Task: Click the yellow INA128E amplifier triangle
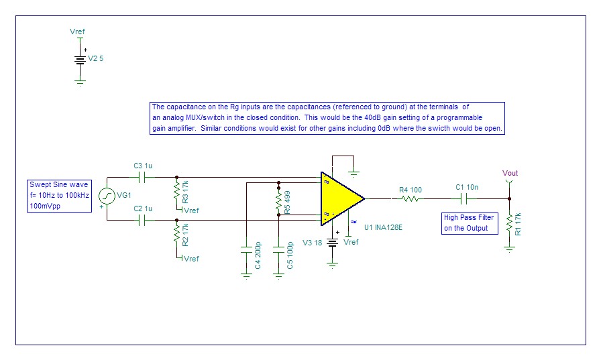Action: tap(339, 198)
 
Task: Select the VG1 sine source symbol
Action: tap(107, 196)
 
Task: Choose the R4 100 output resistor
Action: tap(411, 199)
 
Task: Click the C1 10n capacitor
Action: tap(462, 199)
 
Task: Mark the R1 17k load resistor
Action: tap(509, 221)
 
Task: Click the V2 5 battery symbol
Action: tap(80, 59)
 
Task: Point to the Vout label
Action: tap(510, 174)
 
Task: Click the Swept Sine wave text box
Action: tap(59, 196)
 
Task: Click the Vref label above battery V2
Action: tap(77, 32)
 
